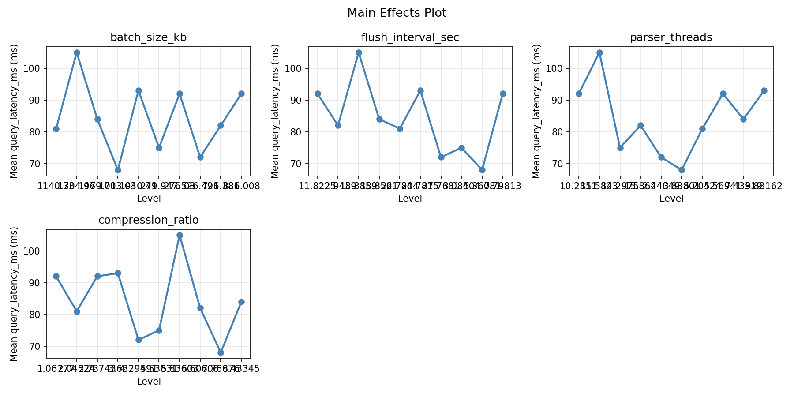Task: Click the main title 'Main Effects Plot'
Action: pyautogui.click(x=397, y=13)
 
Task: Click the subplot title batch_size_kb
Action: pyautogui.click(x=148, y=37)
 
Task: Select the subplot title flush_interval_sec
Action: pyautogui.click(x=410, y=37)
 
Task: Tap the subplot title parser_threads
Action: pyautogui.click(x=671, y=37)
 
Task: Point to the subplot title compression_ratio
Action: pyautogui.click(x=148, y=220)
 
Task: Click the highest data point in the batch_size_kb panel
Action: pyautogui.click(x=77, y=52)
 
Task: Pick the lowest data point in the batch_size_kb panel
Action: pyautogui.click(x=118, y=170)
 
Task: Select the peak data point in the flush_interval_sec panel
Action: pyautogui.click(x=359, y=52)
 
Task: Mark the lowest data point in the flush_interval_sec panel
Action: pyautogui.click(x=482, y=170)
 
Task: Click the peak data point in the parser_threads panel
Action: pyautogui.click(x=599, y=52)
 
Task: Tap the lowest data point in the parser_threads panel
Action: pyautogui.click(x=682, y=170)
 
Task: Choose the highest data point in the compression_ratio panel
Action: pyautogui.click(x=180, y=235)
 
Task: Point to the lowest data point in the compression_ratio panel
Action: pyautogui.click(x=221, y=352)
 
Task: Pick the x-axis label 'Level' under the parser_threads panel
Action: pyautogui.click(x=671, y=198)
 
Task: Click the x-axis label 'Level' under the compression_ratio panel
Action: pyautogui.click(x=148, y=382)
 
